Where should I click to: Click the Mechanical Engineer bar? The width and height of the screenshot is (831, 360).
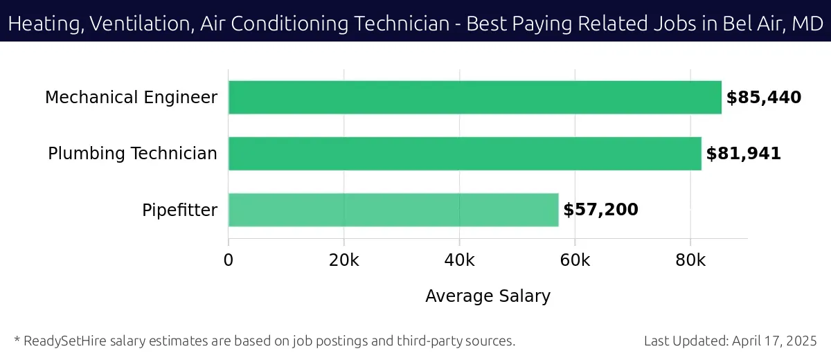(x=474, y=97)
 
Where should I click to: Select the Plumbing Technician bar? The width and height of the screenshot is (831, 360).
(x=465, y=154)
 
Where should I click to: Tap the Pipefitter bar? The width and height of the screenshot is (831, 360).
(x=393, y=210)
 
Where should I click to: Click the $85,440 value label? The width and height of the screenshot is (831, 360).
(x=763, y=98)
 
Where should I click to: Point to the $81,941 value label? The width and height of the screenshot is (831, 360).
(x=743, y=154)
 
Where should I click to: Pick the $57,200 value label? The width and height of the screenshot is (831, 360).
(x=600, y=210)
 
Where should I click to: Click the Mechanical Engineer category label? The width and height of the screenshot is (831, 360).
(x=131, y=98)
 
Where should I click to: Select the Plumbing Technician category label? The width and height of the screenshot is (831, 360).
(x=132, y=154)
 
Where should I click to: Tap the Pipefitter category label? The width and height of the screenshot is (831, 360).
(x=179, y=210)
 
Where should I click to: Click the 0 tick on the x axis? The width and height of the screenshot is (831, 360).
(x=229, y=260)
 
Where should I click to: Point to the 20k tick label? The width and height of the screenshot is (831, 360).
(x=344, y=260)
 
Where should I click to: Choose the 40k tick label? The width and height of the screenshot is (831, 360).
(x=459, y=260)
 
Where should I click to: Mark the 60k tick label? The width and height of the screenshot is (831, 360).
(x=575, y=260)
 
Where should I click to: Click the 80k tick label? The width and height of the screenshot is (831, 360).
(x=690, y=260)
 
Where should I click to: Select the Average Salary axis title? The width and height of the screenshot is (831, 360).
(x=488, y=296)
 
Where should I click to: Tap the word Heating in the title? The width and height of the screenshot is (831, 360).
(x=42, y=24)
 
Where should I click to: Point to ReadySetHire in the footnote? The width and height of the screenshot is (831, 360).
(x=64, y=341)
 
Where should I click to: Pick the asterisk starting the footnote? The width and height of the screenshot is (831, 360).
(x=17, y=340)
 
